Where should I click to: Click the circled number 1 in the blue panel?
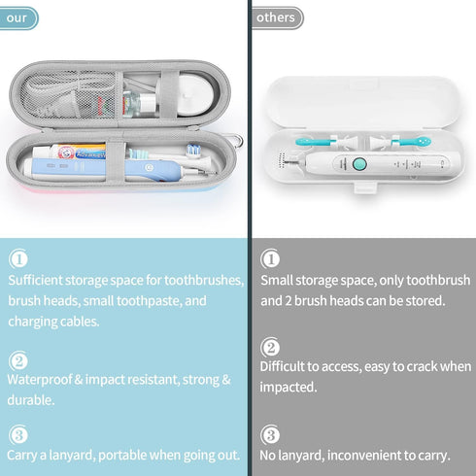pyautogui.click(x=18, y=259)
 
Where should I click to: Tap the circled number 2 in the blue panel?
pyautogui.click(x=18, y=358)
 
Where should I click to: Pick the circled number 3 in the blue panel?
pyautogui.click(x=18, y=433)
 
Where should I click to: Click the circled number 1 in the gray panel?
pyautogui.click(x=270, y=259)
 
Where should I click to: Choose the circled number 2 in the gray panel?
pyautogui.click(x=270, y=347)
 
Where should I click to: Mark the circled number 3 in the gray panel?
pyautogui.click(x=270, y=434)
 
